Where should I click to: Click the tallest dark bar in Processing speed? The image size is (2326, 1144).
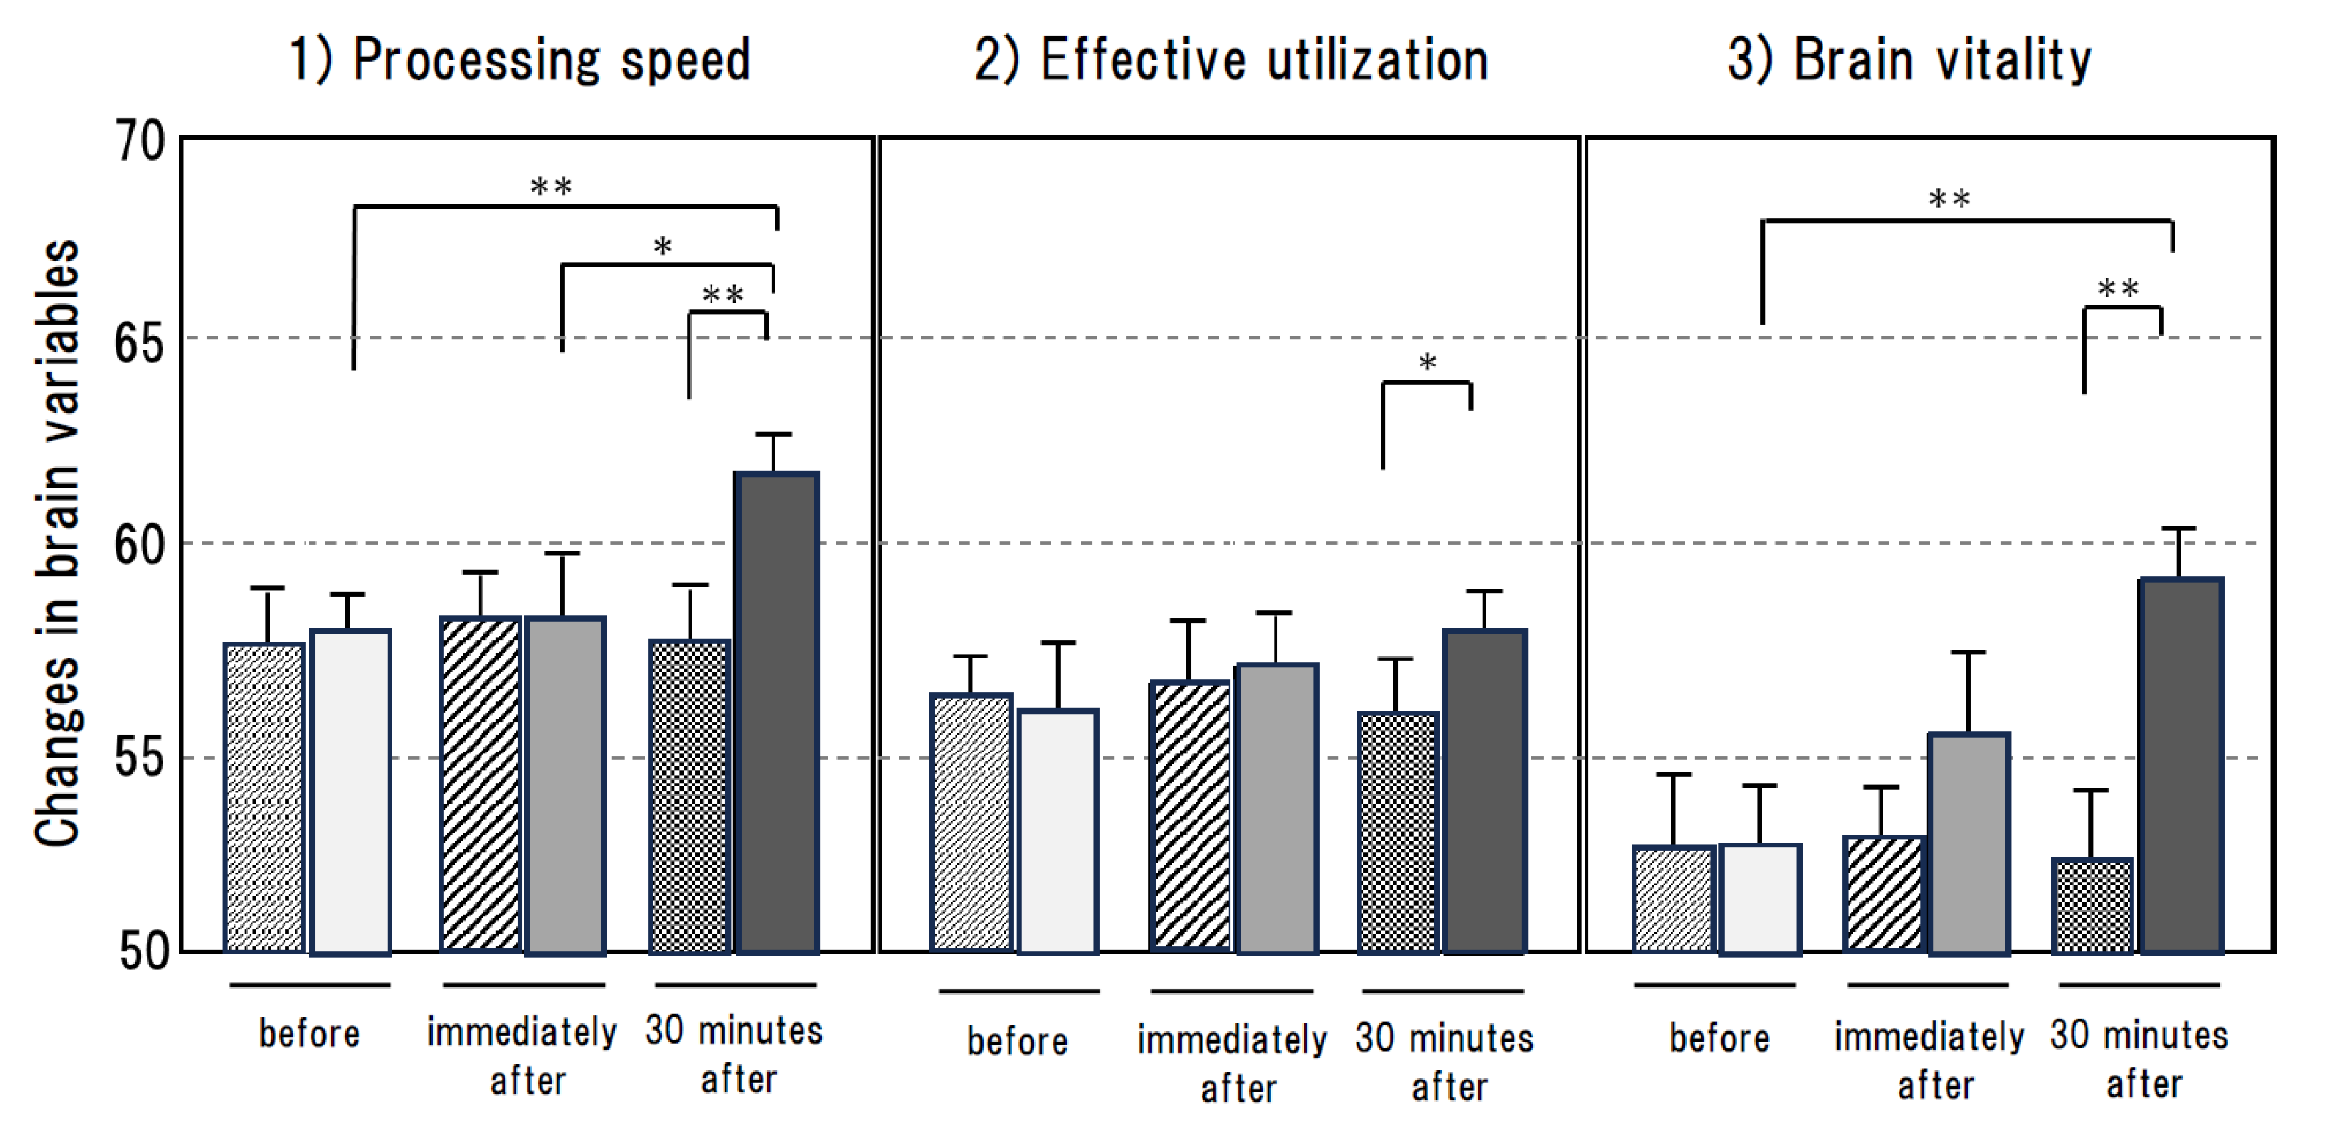777,713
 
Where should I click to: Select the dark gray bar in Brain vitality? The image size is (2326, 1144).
2181,766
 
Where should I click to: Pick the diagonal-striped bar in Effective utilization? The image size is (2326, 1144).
1191,816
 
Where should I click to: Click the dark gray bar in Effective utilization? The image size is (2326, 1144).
1484,791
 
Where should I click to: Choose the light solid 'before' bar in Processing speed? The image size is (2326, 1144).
350,791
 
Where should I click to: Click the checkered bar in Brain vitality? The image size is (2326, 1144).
2092,906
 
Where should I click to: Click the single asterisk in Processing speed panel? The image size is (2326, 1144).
662,246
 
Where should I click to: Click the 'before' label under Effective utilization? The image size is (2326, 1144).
1018,1041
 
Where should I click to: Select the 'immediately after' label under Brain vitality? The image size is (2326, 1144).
1930,1060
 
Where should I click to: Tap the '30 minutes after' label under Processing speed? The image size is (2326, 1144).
734,1054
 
